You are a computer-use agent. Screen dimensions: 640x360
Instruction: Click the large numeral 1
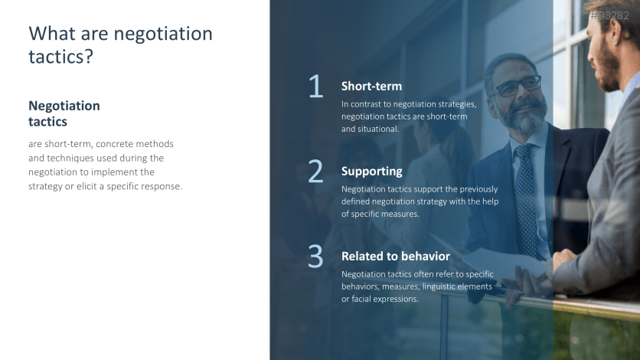[x=316, y=86]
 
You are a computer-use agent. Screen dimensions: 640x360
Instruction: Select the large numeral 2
[x=315, y=171]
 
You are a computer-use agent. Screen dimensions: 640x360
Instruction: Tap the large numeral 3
[x=315, y=257]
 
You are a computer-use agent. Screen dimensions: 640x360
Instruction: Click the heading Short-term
[x=371, y=86]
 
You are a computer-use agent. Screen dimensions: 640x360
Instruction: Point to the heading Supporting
[x=372, y=172]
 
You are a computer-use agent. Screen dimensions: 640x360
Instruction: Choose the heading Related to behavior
[x=396, y=257]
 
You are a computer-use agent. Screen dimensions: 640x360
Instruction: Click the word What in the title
[x=52, y=34]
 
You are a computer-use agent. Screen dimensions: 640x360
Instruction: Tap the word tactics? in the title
[x=60, y=57]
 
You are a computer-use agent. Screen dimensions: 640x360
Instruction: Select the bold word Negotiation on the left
[x=64, y=106]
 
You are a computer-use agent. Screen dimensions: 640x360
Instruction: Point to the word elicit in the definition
[x=87, y=186]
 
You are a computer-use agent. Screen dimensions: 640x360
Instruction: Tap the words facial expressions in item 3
[x=379, y=299]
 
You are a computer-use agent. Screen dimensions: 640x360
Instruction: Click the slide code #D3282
[x=610, y=15]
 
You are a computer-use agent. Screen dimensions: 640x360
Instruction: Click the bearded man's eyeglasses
[x=518, y=86]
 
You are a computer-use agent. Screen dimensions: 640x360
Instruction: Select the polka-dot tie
[x=526, y=200]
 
